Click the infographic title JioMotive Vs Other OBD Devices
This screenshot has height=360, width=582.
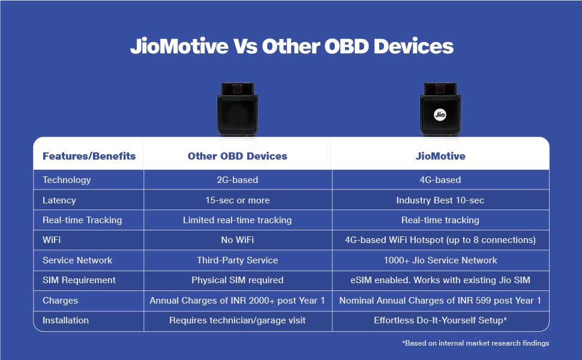click(292, 46)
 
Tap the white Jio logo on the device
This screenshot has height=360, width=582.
click(440, 115)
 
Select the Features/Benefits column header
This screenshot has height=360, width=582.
click(89, 156)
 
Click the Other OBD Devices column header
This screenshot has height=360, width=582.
click(237, 156)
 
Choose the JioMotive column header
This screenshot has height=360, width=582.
click(440, 156)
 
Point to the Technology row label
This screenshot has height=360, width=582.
click(67, 180)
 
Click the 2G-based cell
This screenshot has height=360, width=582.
click(237, 180)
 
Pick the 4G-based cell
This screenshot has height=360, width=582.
click(440, 180)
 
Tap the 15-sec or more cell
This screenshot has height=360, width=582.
click(238, 200)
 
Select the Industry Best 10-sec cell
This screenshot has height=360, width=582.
click(440, 200)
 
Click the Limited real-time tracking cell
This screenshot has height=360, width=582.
click(237, 220)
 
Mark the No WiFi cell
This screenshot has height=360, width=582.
click(238, 240)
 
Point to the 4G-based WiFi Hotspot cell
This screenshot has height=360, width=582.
click(440, 240)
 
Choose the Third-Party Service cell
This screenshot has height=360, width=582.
click(237, 260)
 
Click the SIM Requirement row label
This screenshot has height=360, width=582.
click(79, 280)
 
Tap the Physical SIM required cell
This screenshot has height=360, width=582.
click(237, 280)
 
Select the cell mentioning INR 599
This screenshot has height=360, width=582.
click(440, 300)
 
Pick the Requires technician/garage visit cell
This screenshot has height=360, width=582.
click(237, 320)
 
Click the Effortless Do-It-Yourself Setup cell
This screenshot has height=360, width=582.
click(440, 320)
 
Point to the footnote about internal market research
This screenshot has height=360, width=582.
click(475, 343)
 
